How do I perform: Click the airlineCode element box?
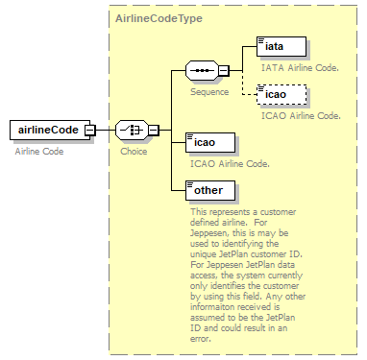pyautogui.click(x=50, y=131)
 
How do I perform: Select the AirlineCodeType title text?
pyautogui.click(x=159, y=18)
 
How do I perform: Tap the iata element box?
pyautogui.click(x=281, y=47)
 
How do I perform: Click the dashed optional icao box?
pyautogui.click(x=281, y=95)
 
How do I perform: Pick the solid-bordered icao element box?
pyautogui.click(x=210, y=143)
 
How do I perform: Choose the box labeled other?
pyautogui.click(x=210, y=191)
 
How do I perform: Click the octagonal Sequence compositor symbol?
pyautogui.click(x=202, y=70)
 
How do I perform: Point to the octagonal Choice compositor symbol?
pyautogui.click(x=132, y=131)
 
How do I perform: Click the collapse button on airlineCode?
pyautogui.click(x=90, y=131)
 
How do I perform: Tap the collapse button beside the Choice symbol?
pyautogui.click(x=154, y=131)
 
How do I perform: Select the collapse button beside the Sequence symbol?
pyautogui.click(x=224, y=70)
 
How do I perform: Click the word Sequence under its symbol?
pyautogui.click(x=209, y=92)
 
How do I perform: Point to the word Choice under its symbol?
pyautogui.click(x=134, y=152)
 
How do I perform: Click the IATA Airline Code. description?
pyautogui.click(x=300, y=68)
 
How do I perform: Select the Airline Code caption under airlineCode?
pyautogui.click(x=39, y=152)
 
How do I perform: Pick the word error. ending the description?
pyautogui.click(x=201, y=339)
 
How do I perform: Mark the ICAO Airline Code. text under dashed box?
pyautogui.click(x=301, y=116)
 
